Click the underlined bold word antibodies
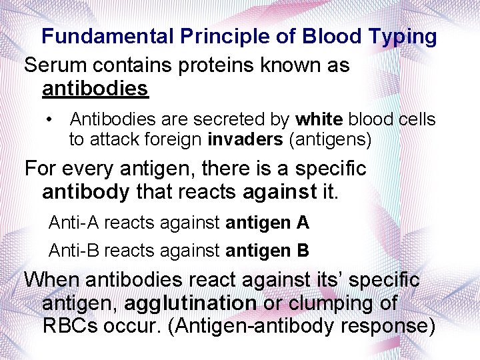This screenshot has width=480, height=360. click(x=95, y=88)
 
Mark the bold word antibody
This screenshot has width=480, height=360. click(x=85, y=192)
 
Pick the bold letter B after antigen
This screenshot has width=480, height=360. click(x=303, y=251)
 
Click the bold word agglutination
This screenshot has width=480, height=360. click(x=190, y=303)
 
